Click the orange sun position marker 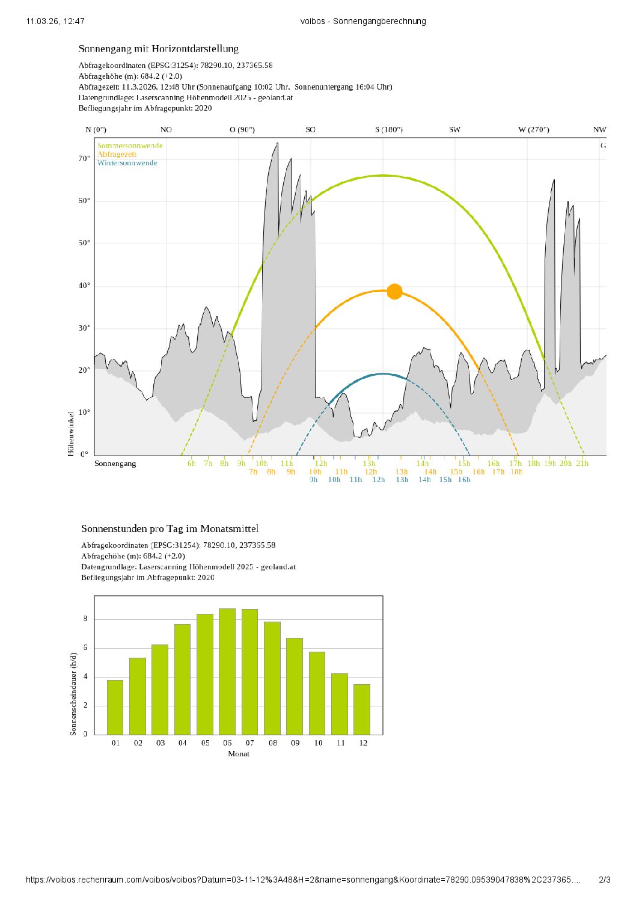(x=394, y=292)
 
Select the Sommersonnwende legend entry (x=130, y=145)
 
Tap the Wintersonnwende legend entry (x=127, y=163)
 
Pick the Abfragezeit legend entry (x=117, y=155)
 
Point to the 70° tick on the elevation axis (x=84, y=159)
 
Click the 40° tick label (x=84, y=286)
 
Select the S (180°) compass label (x=389, y=130)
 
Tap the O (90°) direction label (x=242, y=130)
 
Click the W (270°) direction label (x=534, y=130)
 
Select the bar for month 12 (x=362, y=709)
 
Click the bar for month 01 (x=115, y=707)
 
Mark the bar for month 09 (x=295, y=686)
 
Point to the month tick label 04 (x=183, y=743)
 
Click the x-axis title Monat (x=239, y=754)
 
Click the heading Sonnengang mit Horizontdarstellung (x=159, y=49)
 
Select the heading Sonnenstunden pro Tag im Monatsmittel (x=170, y=529)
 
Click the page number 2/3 (x=605, y=880)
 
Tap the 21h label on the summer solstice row (x=582, y=464)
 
